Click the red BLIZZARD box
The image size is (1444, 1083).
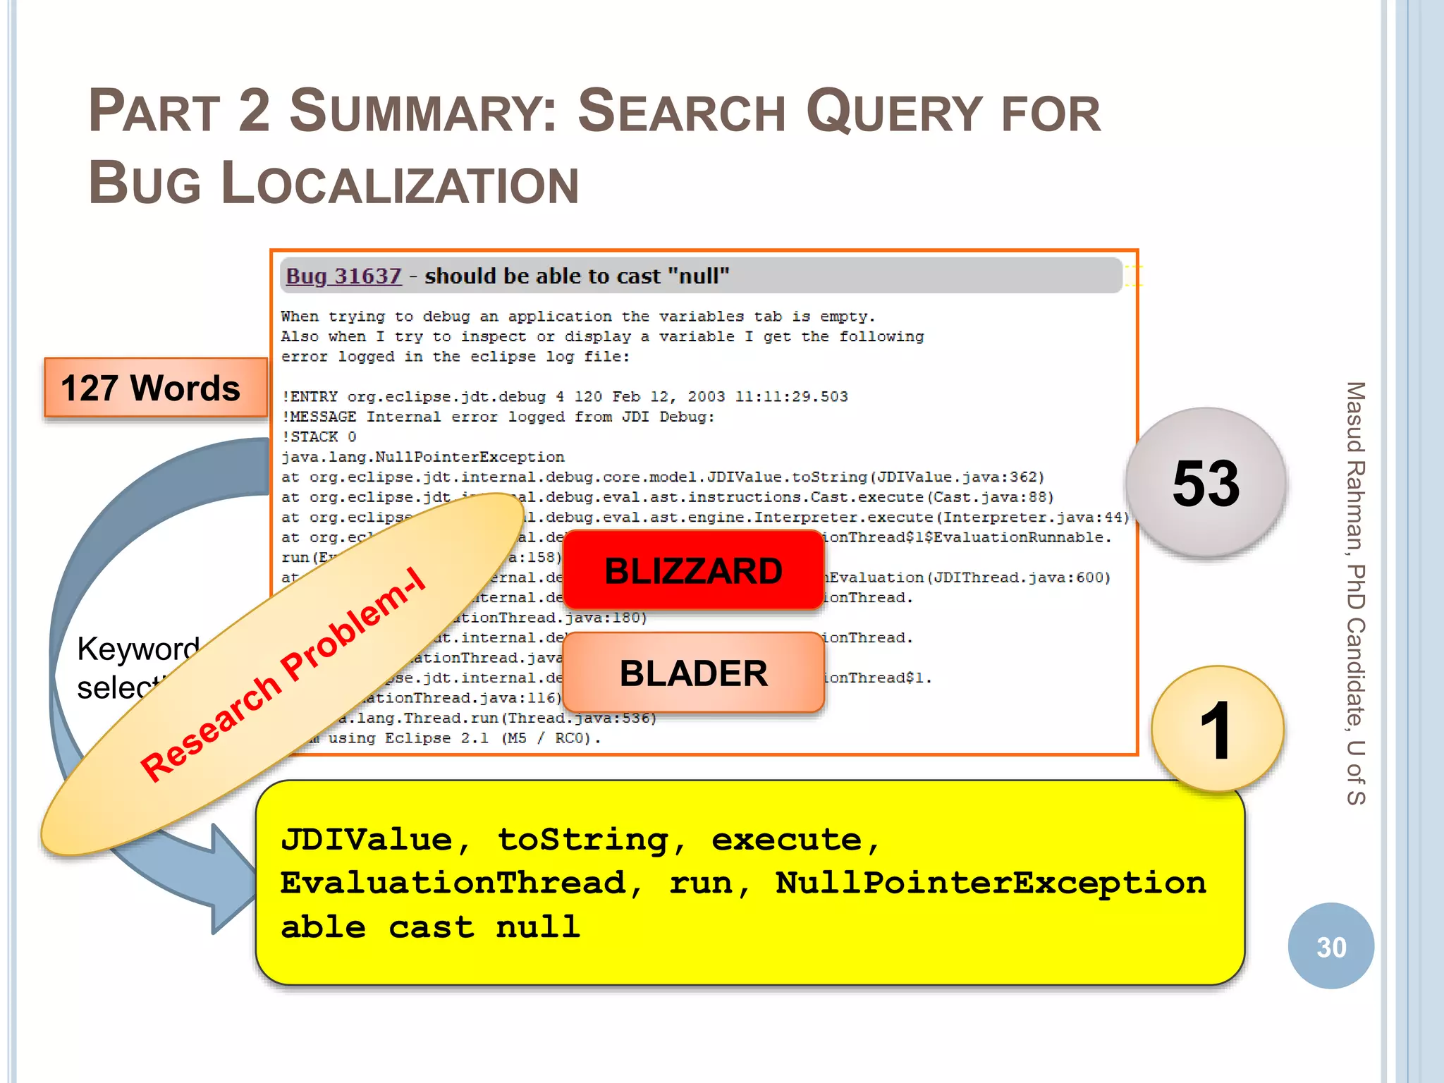[x=693, y=570]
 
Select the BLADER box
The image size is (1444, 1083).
[x=693, y=673]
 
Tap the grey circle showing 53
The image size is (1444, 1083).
[x=1206, y=484]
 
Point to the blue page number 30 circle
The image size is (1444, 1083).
[x=1330, y=946]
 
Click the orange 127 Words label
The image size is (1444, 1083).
[x=151, y=388]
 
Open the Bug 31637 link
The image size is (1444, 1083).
[x=343, y=276]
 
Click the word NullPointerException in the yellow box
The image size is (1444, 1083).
[x=991, y=883]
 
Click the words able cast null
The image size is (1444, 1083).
[x=430, y=926]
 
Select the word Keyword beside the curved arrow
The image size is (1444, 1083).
[x=138, y=649]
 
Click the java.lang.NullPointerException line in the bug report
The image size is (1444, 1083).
[x=422, y=457]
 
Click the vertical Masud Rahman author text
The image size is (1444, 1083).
[x=1355, y=592]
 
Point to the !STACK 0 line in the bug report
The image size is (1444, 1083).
[x=319, y=436]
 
